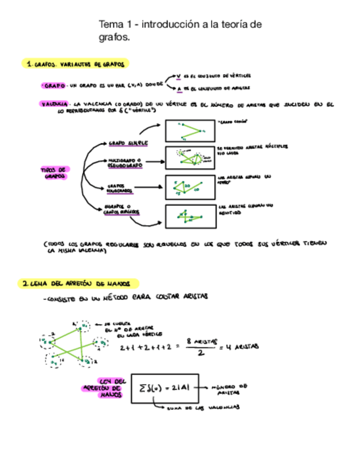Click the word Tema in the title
click(x=110, y=24)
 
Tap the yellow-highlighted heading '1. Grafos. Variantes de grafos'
click(x=77, y=64)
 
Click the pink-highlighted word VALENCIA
click(x=54, y=103)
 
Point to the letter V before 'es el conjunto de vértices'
click(x=178, y=76)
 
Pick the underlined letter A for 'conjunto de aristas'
click(x=179, y=88)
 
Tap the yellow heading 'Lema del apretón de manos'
click(x=80, y=283)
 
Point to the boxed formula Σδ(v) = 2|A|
click(x=165, y=388)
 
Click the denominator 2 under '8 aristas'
click(x=201, y=353)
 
